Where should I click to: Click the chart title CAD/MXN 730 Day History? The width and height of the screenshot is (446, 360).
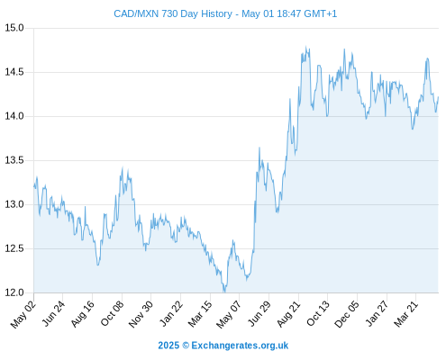[x=173, y=13]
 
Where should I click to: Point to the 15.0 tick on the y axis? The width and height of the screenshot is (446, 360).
[x=14, y=28]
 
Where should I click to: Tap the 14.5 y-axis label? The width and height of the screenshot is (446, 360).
[x=14, y=72]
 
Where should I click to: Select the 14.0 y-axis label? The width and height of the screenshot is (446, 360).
[x=14, y=116]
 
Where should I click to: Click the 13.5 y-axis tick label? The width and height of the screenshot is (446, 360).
[x=14, y=160]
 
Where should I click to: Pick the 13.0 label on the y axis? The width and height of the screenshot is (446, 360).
[x=14, y=204]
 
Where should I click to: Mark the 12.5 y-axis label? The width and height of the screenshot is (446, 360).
[x=14, y=248]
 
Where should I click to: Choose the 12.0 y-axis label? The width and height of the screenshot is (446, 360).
[x=14, y=292]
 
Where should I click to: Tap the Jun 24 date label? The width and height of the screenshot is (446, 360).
[x=53, y=314]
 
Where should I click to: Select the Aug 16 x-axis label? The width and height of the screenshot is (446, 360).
[x=82, y=314]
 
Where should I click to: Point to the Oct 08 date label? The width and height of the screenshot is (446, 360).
[x=112, y=314]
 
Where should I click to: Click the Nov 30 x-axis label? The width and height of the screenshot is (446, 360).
[x=141, y=314]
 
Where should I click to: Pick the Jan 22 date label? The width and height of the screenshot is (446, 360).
[x=170, y=314]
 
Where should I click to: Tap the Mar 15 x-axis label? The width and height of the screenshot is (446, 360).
[x=200, y=314]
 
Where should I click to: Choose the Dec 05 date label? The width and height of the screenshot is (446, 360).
[x=346, y=314]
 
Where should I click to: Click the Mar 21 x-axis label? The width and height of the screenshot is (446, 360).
[x=405, y=314]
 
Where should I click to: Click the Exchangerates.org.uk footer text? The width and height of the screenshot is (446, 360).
[x=240, y=346]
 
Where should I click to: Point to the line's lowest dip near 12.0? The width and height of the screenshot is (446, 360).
[x=224, y=292]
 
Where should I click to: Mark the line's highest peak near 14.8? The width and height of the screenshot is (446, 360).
[x=306, y=47]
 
